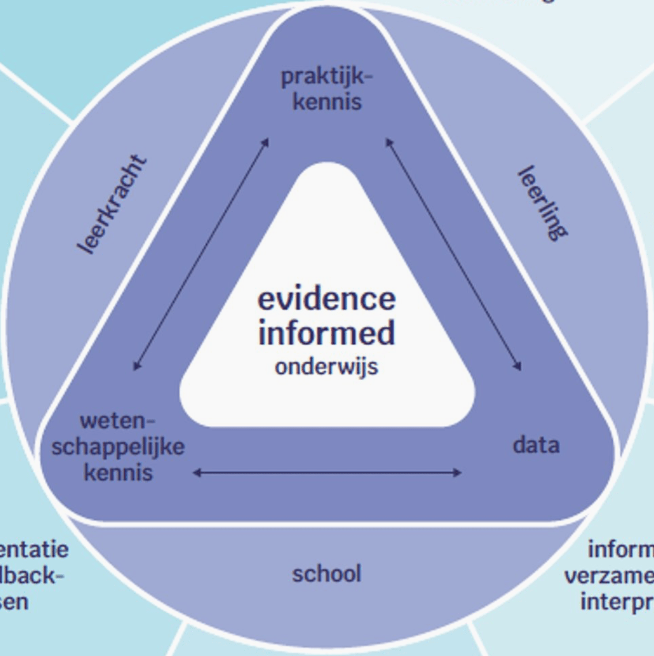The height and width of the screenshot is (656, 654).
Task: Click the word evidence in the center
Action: pos(326,299)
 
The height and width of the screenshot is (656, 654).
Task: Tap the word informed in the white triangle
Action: pos(326,333)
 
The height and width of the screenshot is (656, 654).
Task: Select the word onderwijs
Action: pos(326,366)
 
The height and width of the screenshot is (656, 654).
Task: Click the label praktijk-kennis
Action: pos(326,89)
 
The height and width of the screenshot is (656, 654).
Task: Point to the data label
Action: pos(536,445)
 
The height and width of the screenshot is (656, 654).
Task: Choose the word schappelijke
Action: pos(118,447)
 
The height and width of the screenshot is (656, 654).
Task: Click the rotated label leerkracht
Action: pos(112,204)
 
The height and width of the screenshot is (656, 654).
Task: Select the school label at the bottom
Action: pos(326,573)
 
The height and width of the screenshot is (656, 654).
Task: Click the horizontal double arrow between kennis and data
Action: pos(326,473)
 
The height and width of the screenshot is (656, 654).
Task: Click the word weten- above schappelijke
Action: pos(118,421)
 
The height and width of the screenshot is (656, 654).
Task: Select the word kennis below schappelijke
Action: pos(118,472)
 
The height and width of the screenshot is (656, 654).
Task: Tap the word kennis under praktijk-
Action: pos(327,102)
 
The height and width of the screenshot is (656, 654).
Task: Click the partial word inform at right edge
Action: pos(620,549)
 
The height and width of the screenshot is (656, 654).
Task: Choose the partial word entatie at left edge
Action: pos(34,549)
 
